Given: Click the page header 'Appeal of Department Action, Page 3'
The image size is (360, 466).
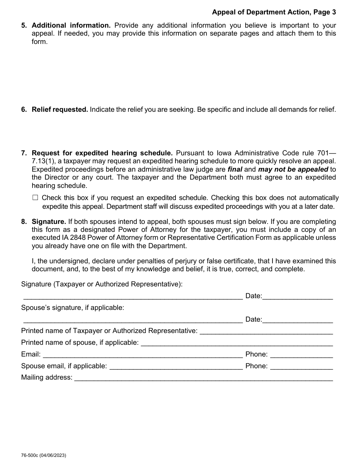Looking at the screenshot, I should (274, 12).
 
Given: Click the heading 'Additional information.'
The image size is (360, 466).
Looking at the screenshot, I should (71, 25).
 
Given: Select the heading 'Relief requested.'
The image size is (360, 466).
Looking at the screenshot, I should (60, 109).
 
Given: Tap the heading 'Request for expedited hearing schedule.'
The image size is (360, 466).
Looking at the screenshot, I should (102, 153).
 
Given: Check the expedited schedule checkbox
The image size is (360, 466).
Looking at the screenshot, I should (35, 197).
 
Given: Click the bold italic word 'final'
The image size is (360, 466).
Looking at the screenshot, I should (235, 169).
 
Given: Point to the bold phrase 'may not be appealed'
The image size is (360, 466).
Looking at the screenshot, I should (293, 169).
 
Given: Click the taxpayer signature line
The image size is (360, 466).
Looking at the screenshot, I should (133, 296).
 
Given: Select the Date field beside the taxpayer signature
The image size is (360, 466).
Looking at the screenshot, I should (297, 296).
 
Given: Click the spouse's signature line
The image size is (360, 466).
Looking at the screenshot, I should (133, 319).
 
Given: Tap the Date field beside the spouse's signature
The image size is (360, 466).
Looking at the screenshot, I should (297, 319).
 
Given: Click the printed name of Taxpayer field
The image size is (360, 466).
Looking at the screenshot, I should (266, 331).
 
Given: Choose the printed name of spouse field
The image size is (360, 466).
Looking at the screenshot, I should (236, 343).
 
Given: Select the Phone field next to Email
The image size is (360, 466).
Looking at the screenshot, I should (302, 355).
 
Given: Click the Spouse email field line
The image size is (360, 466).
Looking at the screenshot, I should (176, 366).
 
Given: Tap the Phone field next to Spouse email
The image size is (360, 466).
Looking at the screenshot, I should (302, 366).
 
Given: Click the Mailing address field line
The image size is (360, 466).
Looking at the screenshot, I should (203, 378).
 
